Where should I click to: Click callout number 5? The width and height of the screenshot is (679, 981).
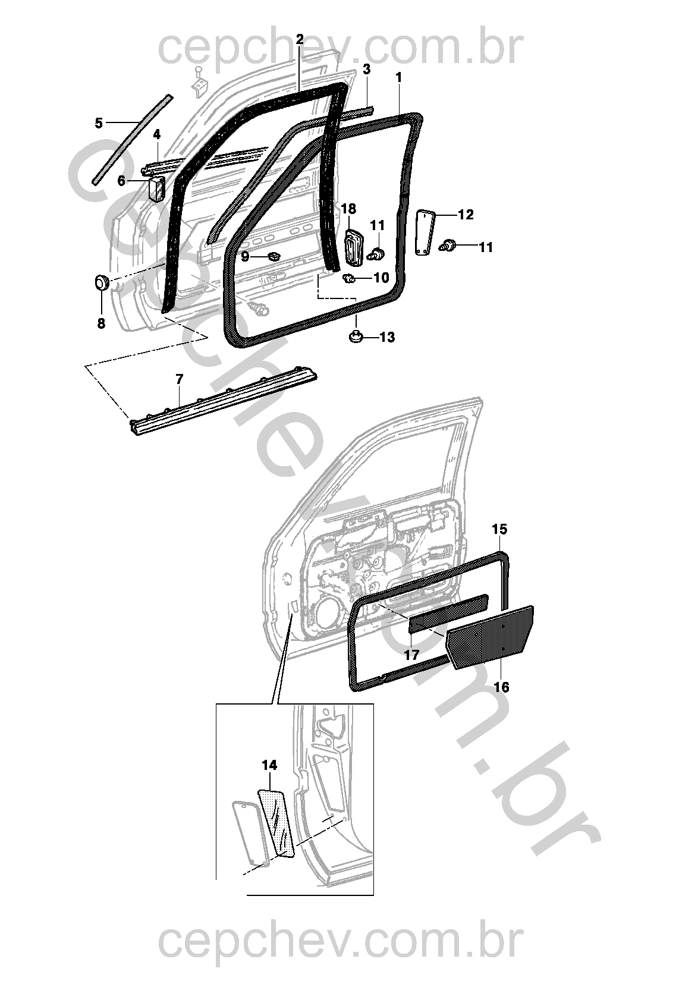pyautogui.click(x=99, y=124)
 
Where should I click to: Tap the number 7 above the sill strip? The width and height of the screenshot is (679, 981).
pyautogui.click(x=179, y=379)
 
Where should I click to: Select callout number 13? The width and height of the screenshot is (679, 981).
pyautogui.click(x=387, y=337)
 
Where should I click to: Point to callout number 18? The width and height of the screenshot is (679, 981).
pyautogui.click(x=348, y=209)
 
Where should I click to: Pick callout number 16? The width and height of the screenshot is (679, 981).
pyautogui.click(x=502, y=687)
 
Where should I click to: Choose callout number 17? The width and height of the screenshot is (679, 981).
pyautogui.click(x=411, y=655)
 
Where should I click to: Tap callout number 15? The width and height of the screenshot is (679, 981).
pyautogui.click(x=499, y=529)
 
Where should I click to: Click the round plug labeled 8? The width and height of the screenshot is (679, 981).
pyautogui.click(x=102, y=282)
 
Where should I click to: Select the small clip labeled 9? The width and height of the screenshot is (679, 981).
pyautogui.click(x=272, y=255)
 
